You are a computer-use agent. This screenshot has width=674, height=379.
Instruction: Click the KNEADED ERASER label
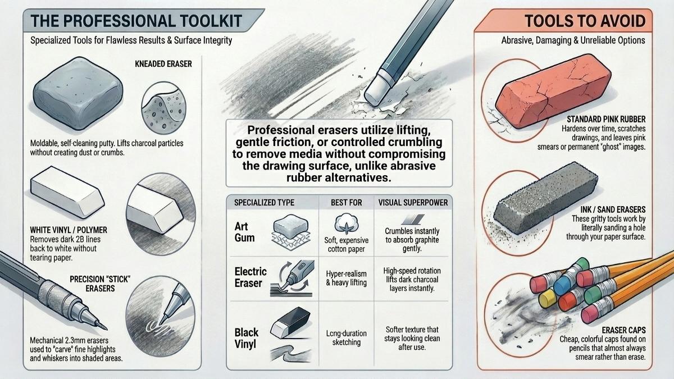tap(163, 64)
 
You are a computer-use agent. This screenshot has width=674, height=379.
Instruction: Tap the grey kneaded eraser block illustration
tap(78, 94)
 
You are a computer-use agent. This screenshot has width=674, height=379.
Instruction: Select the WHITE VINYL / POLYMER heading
tap(69, 230)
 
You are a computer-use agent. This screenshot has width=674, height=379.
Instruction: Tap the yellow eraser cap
tap(547, 299)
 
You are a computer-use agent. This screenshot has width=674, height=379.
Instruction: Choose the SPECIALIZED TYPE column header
tap(264, 203)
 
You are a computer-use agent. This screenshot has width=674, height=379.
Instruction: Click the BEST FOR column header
tap(347, 203)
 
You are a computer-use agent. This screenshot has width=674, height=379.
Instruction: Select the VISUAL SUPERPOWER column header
tap(413, 203)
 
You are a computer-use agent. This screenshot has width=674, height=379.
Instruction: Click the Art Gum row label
tap(244, 232)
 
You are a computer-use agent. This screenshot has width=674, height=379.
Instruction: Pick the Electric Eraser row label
tap(251, 277)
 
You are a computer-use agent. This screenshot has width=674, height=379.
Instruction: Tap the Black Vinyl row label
tap(247, 338)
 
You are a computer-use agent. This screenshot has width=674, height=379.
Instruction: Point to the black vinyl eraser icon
tap(290, 322)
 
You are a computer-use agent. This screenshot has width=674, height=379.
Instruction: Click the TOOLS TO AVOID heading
tap(585, 21)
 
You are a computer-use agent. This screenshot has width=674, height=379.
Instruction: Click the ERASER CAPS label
tap(624, 330)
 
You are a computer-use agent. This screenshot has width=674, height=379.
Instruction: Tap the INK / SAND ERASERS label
tap(613, 209)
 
